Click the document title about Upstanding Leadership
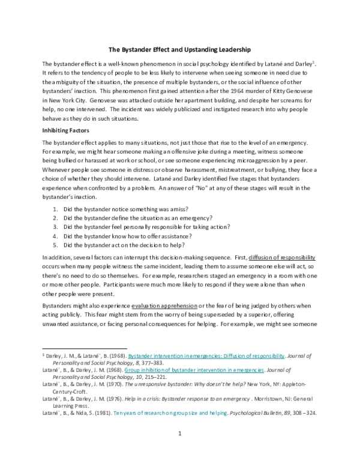click(179, 48)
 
